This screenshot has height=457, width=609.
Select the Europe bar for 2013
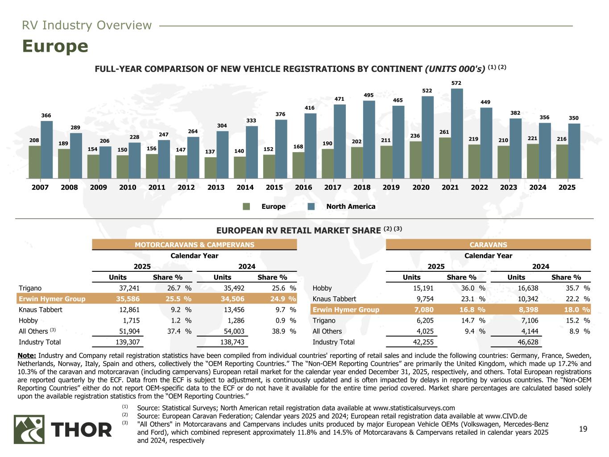(210, 167)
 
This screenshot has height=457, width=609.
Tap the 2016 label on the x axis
(304, 187)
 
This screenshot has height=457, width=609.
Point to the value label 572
(456, 83)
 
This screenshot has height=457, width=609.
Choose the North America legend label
(351, 207)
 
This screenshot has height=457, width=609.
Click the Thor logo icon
(29, 429)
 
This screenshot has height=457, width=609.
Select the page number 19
(583, 429)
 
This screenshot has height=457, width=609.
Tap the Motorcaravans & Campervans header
(195, 245)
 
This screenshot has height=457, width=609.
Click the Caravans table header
(488, 245)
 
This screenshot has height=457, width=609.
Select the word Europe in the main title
(55, 46)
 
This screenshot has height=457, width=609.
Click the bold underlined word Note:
(27, 356)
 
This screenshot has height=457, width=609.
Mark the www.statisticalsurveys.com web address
(414, 407)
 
